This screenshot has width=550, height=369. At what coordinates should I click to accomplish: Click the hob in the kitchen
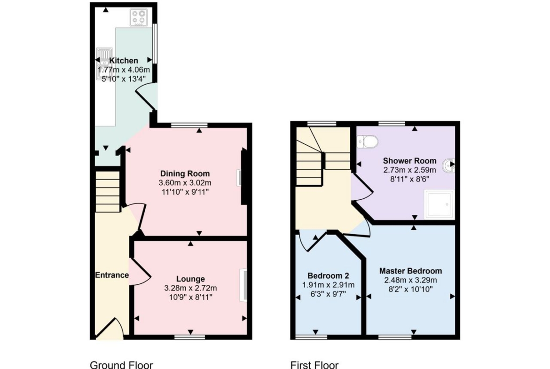coord(139,17)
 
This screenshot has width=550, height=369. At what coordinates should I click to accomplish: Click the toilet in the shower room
coord(368,142)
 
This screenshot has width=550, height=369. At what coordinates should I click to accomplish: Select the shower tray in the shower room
coord(439,204)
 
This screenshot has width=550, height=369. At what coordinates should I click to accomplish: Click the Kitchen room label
coord(124,61)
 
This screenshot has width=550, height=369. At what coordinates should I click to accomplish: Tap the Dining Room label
coord(185,173)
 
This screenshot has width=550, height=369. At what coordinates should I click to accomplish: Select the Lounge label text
coord(190,279)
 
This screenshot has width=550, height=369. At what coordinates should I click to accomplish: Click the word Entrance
coord(112,275)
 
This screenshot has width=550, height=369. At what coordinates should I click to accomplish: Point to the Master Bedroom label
coord(410,271)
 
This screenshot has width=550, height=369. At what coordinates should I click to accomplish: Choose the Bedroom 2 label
coord(328,276)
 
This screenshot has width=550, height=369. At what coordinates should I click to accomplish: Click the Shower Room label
coord(410,161)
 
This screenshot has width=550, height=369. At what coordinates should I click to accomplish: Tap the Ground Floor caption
coord(121,365)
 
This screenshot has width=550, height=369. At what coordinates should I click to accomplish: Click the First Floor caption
coord(314,365)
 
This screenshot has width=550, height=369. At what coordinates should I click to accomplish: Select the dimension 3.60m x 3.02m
coord(185,183)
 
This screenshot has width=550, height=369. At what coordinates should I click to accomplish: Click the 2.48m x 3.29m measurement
coord(410,280)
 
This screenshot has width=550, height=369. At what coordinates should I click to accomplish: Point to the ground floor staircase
coord(108,191)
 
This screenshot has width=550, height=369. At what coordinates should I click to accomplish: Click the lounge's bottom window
coord(190,337)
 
